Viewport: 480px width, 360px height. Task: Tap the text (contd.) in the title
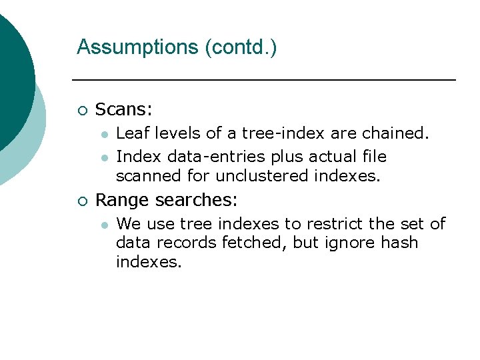tap(241, 47)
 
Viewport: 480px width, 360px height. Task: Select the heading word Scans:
tap(124, 109)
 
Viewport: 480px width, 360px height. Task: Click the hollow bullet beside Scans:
tap(81, 110)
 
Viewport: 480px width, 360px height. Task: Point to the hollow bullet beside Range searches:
tap(81, 200)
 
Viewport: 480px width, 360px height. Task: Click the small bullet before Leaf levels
tap(104, 134)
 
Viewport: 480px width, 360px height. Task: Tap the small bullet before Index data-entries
tap(104, 157)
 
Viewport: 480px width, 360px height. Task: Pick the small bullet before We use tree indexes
tap(104, 225)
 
